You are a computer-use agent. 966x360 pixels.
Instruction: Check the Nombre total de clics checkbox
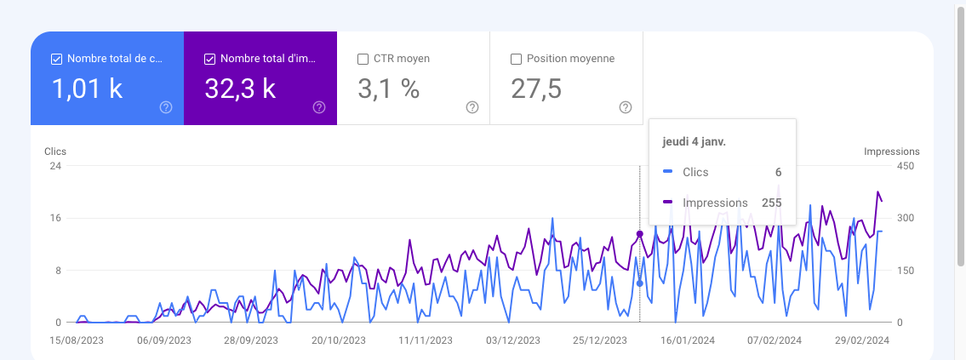57,60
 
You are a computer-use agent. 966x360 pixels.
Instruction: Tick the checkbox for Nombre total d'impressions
210,60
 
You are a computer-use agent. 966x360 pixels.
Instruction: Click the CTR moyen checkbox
363,60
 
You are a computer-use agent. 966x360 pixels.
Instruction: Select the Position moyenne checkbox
516,60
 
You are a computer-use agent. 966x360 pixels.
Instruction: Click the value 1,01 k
88,89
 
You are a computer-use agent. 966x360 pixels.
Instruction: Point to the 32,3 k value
240,89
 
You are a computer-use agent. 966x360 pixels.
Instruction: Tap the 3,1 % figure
389,89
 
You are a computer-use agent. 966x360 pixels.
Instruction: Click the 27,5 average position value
536,89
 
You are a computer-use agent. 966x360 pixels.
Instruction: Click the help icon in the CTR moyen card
472,107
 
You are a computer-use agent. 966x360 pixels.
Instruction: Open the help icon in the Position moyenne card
626,107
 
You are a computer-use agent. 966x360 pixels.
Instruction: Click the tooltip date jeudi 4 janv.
694,142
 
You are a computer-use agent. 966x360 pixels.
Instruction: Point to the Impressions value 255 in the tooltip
771,203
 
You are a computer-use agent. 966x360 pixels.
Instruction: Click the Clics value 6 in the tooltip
778,172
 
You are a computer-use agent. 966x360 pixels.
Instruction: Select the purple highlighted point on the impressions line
640,234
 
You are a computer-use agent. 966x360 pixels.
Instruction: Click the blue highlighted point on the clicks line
640,283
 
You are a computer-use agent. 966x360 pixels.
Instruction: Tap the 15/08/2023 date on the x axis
77,340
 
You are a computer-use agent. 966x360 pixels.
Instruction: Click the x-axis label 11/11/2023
423,340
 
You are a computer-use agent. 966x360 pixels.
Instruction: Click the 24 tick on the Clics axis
55,166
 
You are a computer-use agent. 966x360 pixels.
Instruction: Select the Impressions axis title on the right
891,151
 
